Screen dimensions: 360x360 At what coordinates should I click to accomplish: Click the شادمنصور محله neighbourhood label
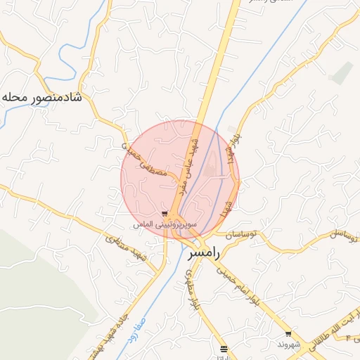[x=42, y=96]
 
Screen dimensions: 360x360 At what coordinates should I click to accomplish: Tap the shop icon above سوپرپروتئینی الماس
[x=165, y=214]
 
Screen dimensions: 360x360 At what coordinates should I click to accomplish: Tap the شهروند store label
[x=288, y=345]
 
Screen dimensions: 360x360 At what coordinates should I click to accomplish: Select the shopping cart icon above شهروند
[x=288, y=334]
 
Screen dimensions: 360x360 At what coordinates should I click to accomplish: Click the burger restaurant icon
[x=224, y=349]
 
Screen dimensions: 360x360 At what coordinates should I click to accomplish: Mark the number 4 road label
[x=347, y=338]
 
